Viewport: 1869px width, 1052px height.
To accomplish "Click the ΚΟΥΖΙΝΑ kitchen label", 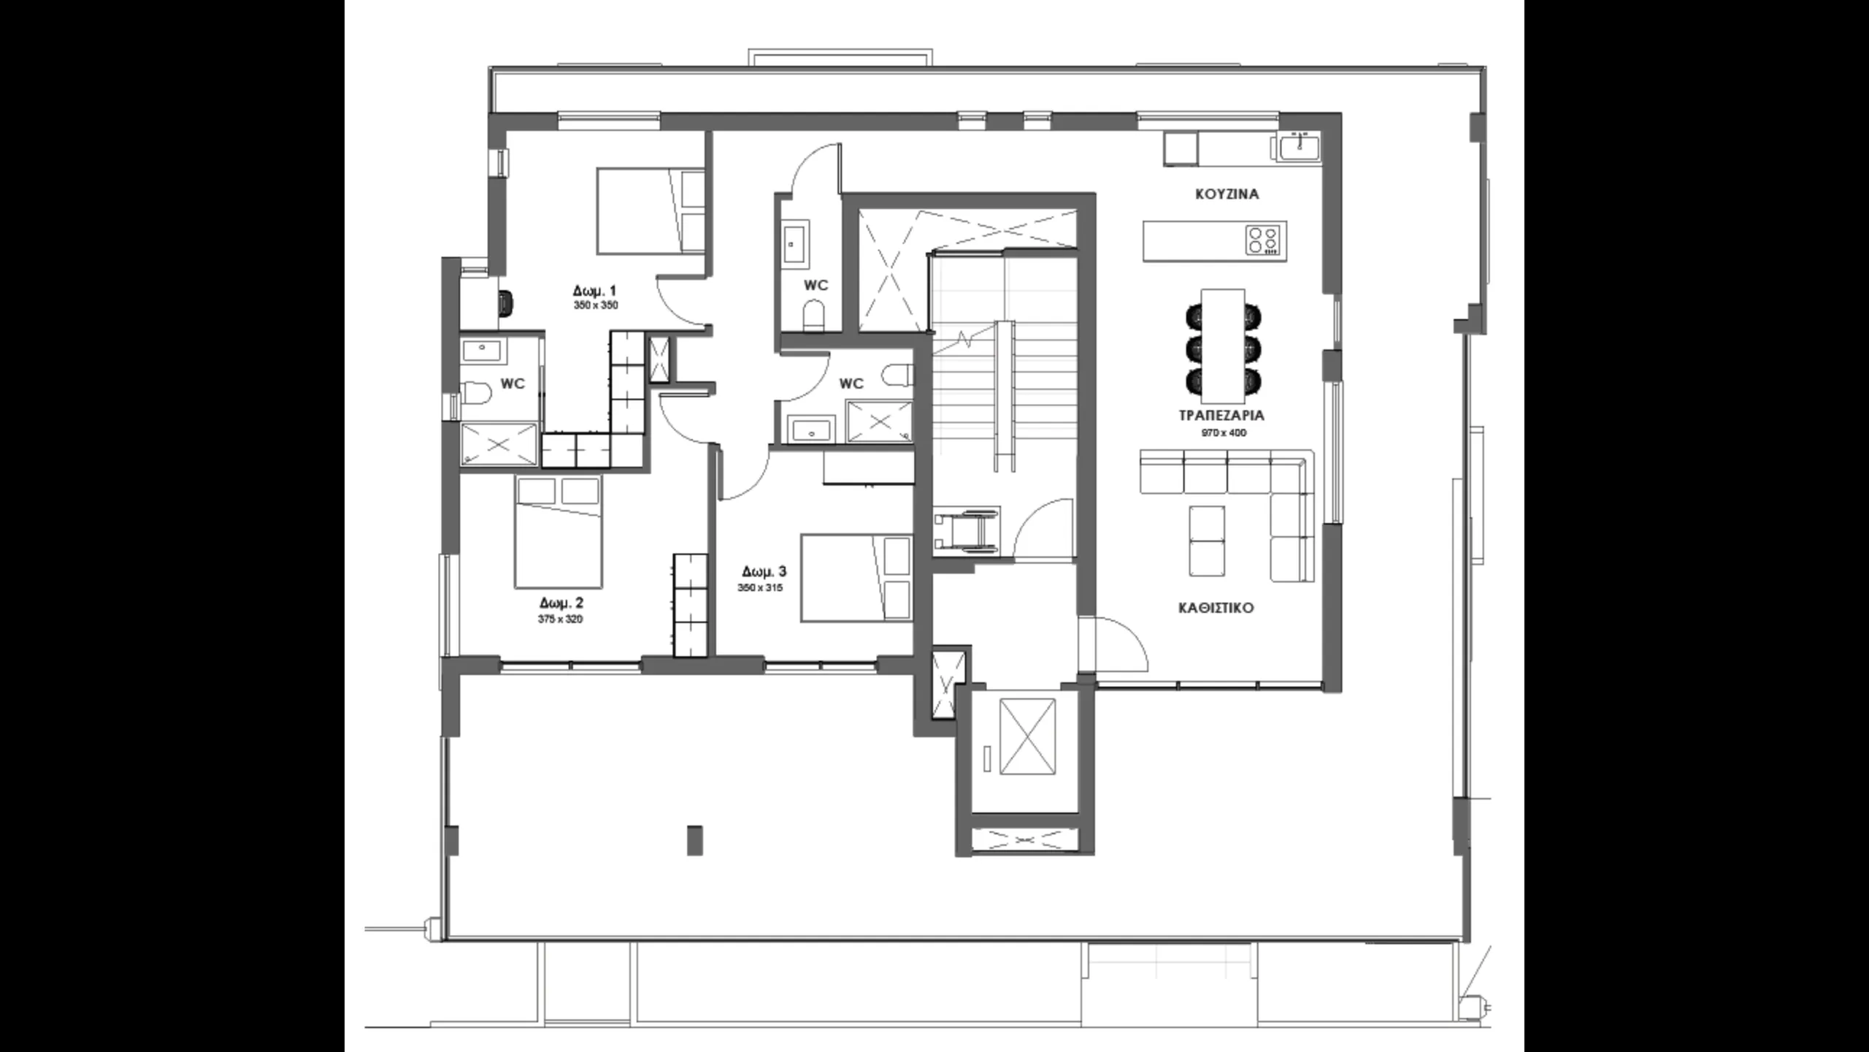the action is point(1227,194).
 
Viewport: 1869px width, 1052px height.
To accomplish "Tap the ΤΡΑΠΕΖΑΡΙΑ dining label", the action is point(1222,416).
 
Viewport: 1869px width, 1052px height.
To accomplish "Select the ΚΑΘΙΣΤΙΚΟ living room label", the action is point(1216,608).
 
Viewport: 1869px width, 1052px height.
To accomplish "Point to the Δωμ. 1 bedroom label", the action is point(595,291).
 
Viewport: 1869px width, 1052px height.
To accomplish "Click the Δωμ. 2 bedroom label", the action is point(561,603).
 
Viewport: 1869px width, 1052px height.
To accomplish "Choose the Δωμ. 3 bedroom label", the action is point(764,571).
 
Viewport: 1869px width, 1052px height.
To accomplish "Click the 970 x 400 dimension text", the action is point(1224,432).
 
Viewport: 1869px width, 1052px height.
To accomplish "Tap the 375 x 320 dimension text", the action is point(560,620).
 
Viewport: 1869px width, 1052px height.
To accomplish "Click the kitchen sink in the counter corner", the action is point(1299,148).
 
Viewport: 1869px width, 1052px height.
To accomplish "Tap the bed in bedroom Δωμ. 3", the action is point(856,578).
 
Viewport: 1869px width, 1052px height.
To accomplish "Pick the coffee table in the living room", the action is point(1207,541).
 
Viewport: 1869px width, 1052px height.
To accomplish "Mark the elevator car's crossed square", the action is point(1027,736).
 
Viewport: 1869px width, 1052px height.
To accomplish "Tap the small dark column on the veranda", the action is point(695,840).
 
